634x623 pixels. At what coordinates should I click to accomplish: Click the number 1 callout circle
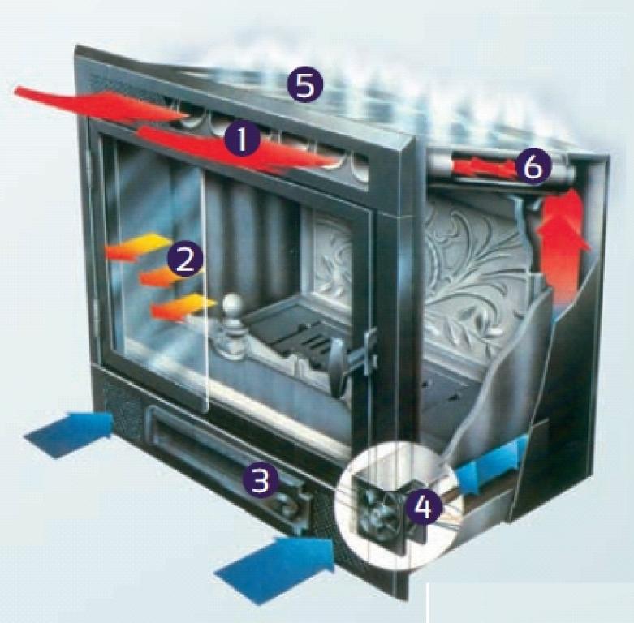tap(242, 140)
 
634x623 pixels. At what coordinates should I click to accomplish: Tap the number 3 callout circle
tap(261, 480)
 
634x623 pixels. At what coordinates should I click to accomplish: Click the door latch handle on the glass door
tap(347, 359)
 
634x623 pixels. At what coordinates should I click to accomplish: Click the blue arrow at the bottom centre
tap(276, 569)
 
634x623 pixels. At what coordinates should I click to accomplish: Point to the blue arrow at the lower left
tap(69, 433)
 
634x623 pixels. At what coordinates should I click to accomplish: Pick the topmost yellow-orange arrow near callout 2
tap(140, 245)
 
